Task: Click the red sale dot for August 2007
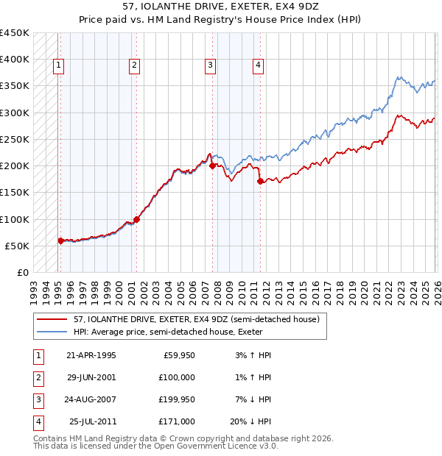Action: (212, 166)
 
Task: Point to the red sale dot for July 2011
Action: (260, 182)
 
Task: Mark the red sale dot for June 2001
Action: (136, 219)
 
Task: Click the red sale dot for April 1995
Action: (60, 241)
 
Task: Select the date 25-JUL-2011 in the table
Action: (91, 421)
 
